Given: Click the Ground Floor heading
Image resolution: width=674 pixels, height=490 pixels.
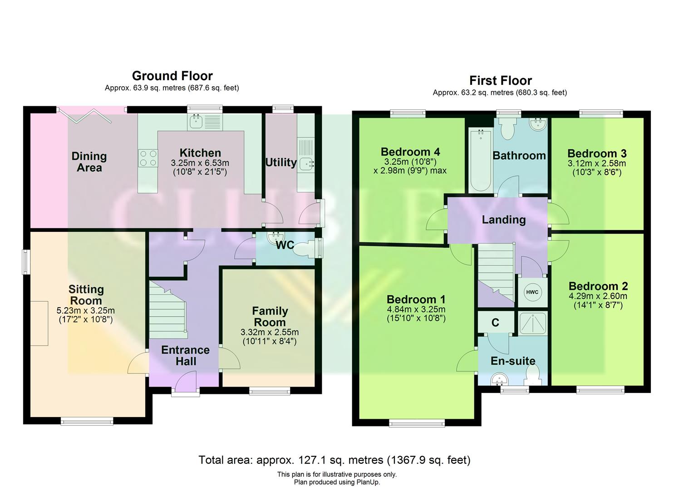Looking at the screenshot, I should click(172, 76).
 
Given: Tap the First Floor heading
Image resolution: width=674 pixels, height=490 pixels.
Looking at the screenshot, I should click(500, 81).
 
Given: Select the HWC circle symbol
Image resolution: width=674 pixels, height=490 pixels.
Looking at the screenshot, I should click(532, 292).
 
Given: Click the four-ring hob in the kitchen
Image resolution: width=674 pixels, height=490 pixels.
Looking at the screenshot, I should click(148, 158).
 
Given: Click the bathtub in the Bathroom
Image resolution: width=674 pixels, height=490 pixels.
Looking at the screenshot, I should click(480, 161).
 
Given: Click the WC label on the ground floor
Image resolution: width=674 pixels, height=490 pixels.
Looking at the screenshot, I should click(285, 245).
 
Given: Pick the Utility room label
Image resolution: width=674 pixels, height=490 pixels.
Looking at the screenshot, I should click(280, 162).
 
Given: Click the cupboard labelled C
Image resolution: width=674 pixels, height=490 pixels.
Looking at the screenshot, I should click(496, 323).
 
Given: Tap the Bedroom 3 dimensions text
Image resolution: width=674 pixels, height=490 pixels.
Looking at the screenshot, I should click(596, 168).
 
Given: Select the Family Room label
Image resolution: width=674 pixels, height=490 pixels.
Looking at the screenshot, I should click(270, 317).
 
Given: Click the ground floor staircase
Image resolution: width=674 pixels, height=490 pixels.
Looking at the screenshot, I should click(167, 311).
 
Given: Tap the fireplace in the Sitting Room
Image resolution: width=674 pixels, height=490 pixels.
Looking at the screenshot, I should click(39, 323).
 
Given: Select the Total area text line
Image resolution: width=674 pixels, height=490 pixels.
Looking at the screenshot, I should click(334, 460).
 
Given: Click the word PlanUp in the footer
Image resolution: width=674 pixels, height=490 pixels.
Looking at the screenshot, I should click(368, 482).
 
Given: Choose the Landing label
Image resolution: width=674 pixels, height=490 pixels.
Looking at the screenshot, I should click(503, 220).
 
